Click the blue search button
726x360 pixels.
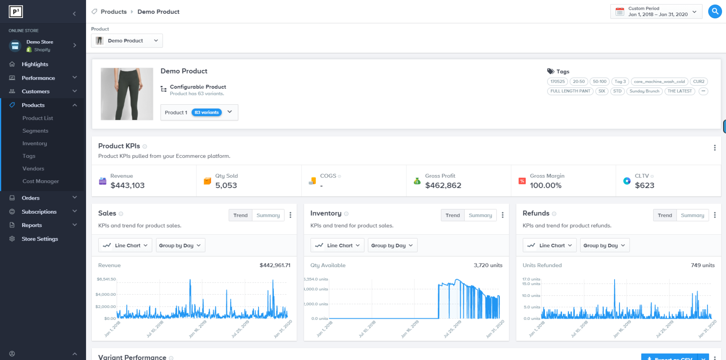coord(715,11)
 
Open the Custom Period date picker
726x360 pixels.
coord(656,11)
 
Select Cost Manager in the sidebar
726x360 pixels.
coord(41,181)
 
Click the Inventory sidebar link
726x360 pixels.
coord(34,143)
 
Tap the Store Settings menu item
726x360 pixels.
coord(39,239)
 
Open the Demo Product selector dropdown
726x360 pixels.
coord(127,41)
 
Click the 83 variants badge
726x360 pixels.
coord(207,113)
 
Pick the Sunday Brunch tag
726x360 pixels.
coord(644,91)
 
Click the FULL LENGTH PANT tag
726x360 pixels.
coord(570,91)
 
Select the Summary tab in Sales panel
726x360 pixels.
coord(268,215)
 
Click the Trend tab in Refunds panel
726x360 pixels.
coord(664,215)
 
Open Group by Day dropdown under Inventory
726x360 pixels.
coord(392,245)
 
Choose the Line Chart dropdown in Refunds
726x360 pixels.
coord(549,245)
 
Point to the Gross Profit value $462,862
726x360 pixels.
coord(443,185)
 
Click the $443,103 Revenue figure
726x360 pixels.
coord(127,185)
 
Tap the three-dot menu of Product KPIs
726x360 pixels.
coord(715,148)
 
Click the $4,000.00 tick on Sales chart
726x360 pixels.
coord(105,294)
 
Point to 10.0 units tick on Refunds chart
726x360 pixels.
coord(531,295)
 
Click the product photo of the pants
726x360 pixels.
coord(127,94)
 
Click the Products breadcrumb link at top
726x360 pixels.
coord(113,11)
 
